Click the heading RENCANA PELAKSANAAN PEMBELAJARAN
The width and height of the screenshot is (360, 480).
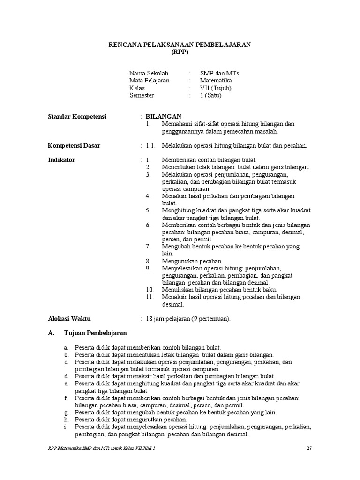pos(180,45)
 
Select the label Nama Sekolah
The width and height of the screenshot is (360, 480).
pos(149,74)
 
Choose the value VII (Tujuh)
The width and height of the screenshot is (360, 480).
pos(216,88)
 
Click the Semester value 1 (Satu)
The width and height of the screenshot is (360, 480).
pos(211,95)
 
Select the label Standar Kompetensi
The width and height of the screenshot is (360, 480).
pos(78,116)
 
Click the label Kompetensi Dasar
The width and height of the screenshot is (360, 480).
pos(74,145)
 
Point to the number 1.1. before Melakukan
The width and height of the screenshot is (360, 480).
pos(150,145)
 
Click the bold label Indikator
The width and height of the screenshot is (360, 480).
pos(61,160)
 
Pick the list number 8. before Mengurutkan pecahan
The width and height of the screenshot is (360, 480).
pos(148,261)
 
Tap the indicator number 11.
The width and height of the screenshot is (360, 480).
pos(150,297)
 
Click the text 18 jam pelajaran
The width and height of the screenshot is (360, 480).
pos(169,319)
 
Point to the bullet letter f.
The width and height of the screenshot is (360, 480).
pos(67,398)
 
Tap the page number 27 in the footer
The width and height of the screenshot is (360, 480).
pos(309,448)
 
